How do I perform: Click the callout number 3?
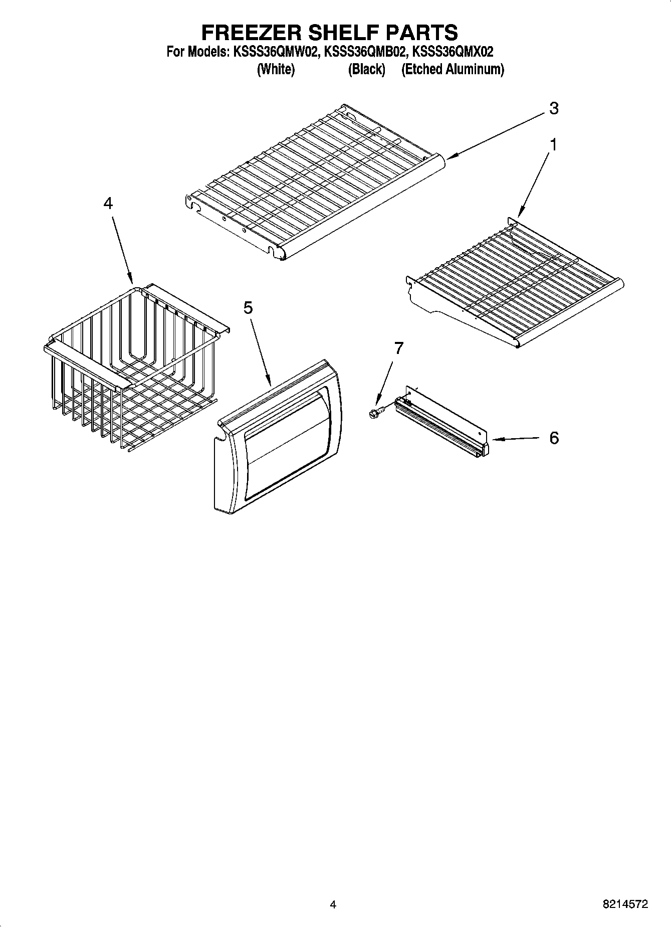(553, 108)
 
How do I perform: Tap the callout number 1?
(553, 144)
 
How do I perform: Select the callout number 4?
(108, 203)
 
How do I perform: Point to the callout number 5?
(248, 308)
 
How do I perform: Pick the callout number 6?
(554, 438)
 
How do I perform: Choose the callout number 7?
(398, 348)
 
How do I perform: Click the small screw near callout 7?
(375, 412)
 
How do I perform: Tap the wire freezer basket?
(130, 366)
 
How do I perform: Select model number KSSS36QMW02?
(276, 52)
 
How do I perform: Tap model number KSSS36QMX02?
(453, 52)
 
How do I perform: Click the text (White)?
(276, 69)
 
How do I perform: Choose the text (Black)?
(366, 69)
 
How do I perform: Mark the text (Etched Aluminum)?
(453, 69)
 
